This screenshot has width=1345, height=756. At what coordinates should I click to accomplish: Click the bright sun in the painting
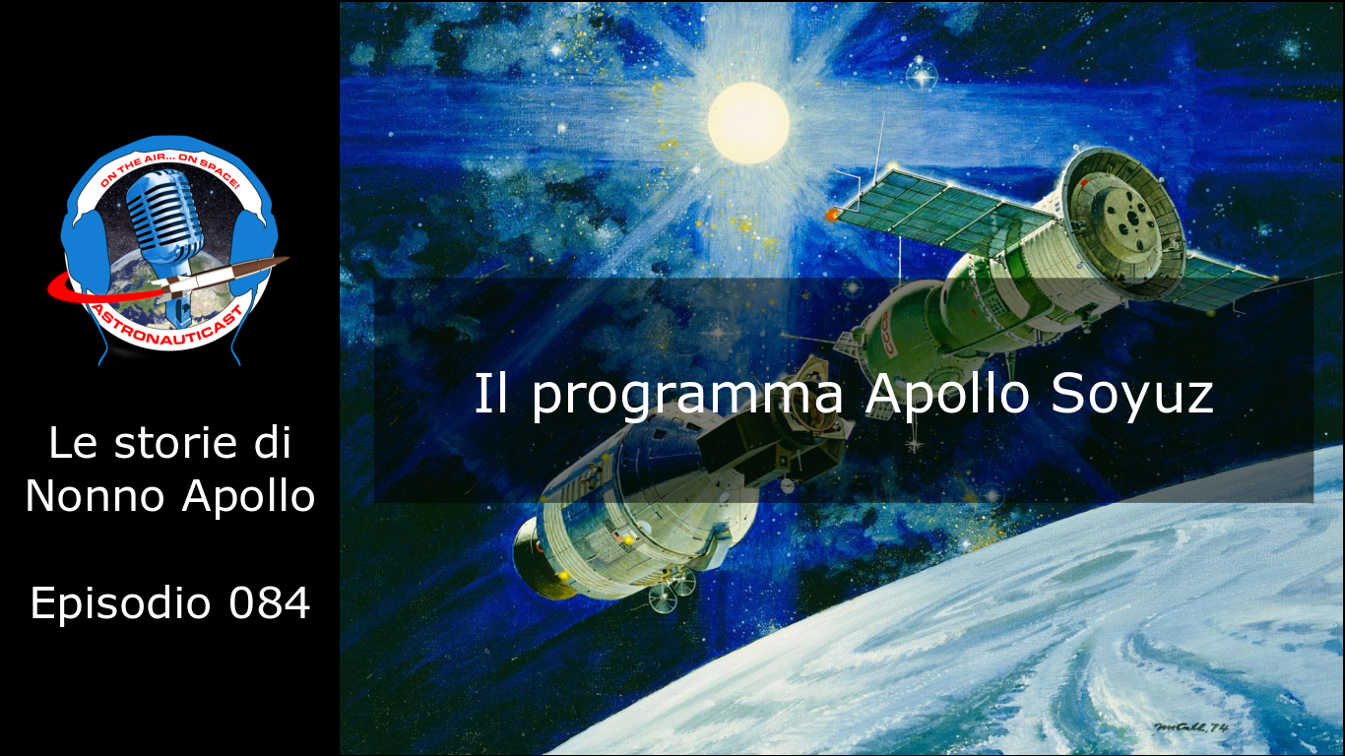pyautogui.click(x=748, y=122)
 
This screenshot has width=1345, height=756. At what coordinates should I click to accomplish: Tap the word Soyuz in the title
pyautogui.click(x=1132, y=394)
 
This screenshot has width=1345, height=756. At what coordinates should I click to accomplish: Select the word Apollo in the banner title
pyautogui.click(x=947, y=393)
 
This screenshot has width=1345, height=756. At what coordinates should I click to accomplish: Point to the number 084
pyautogui.click(x=269, y=602)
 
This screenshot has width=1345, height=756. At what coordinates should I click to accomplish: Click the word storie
pyautogui.click(x=176, y=443)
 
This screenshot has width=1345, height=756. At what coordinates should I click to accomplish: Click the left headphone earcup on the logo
pyautogui.click(x=83, y=252)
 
